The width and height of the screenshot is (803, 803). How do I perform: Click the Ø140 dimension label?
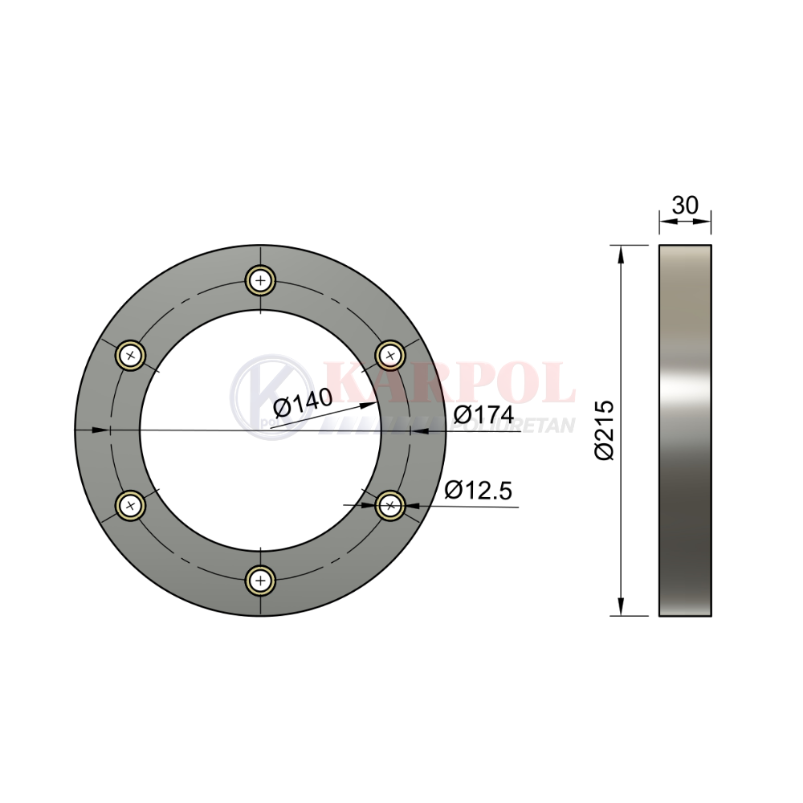click(x=304, y=401)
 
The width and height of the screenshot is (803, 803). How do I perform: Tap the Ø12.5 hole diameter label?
click(x=479, y=490)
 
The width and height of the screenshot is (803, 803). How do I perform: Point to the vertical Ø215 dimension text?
click(x=605, y=430)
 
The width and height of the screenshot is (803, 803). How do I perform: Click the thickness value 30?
click(x=685, y=206)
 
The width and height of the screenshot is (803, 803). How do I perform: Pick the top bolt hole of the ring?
click(x=261, y=280)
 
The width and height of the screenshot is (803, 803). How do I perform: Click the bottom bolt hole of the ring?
click(x=261, y=581)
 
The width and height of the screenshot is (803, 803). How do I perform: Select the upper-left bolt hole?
click(x=131, y=355)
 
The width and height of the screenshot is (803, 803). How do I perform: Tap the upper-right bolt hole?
click(x=390, y=355)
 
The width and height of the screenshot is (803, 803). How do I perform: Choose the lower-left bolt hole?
click(x=131, y=505)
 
